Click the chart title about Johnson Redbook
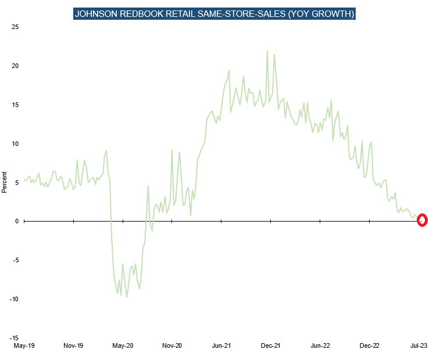(214, 14)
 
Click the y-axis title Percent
(5, 182)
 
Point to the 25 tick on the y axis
(15, 27)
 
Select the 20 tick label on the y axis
(15, 66)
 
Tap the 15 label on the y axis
(15, 105)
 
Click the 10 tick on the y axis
(15, 144)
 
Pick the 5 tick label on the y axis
(17, 183)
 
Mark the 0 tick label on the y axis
(17, 222)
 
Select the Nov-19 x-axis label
(73, 345)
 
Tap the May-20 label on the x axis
(123, 345)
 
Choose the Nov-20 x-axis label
(172, 345)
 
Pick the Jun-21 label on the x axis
(221, 345)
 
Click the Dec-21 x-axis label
(271, 345)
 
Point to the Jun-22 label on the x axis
(320, 345)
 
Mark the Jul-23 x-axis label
(419, 345)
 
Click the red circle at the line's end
(423, 220)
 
